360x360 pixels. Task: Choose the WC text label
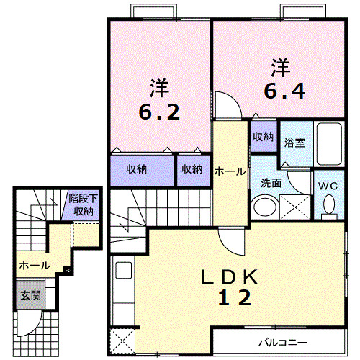[x=328, y=186]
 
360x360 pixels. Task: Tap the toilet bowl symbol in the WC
[x=330, y=206]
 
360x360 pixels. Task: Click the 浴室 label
[x=294, y=143]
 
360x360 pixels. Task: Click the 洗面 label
[x=270, y=183]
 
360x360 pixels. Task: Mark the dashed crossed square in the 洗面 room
[x=294, y=206]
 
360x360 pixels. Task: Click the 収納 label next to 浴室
[x=263, y=136]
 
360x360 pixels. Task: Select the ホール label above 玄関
[x=35, y=265]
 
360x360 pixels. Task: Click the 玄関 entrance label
[x=30, y=295]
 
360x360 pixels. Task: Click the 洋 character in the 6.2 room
[x=159, y=89]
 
